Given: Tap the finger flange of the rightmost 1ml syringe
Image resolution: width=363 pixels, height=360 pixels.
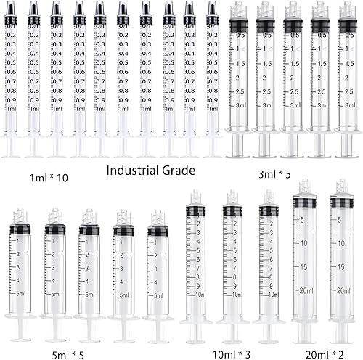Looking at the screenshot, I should click(x=213, y=141).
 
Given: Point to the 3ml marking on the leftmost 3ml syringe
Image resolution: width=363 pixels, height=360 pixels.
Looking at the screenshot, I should click(x=240, y=106).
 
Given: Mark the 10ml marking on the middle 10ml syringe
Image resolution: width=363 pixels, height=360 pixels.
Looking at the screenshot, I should click(x=234, y=294).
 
